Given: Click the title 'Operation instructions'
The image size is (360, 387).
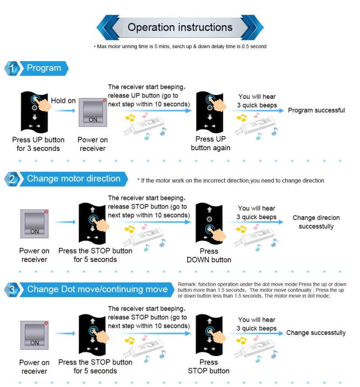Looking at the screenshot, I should click(180, 27).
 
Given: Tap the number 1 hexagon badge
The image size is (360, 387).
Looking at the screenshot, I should click(12, 69).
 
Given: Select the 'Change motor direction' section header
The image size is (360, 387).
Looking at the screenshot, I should click(73, 179).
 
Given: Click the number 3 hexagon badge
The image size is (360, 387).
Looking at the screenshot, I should click(12, 290).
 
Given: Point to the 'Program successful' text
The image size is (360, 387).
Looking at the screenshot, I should click(316, 111).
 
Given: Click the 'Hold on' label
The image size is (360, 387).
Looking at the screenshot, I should click(63, 101).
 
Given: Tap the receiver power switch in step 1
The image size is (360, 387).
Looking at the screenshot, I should click(93, 111).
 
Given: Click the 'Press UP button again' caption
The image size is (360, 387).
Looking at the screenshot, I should click(211, 143).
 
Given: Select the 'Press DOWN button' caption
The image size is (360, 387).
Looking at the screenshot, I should click(209, 255).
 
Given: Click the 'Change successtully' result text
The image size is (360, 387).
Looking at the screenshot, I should click(316, 333).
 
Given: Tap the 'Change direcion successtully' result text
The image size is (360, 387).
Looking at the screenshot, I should click(316, 222).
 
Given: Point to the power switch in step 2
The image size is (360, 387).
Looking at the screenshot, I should click(34, 223).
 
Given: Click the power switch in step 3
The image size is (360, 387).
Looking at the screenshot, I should click(34, 335).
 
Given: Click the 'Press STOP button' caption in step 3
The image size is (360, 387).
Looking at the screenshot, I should click(208, 366).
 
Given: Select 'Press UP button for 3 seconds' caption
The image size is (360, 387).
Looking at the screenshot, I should click(38, 144).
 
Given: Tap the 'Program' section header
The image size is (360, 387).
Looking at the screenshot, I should click(44, 68).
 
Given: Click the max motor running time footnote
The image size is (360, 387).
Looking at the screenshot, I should click(180, 46).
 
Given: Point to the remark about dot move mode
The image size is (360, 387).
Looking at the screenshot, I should click(262, 290).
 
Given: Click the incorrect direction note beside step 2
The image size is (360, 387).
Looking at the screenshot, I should click(230, 181).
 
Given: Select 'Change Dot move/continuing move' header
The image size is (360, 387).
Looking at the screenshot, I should click(97, 289).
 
